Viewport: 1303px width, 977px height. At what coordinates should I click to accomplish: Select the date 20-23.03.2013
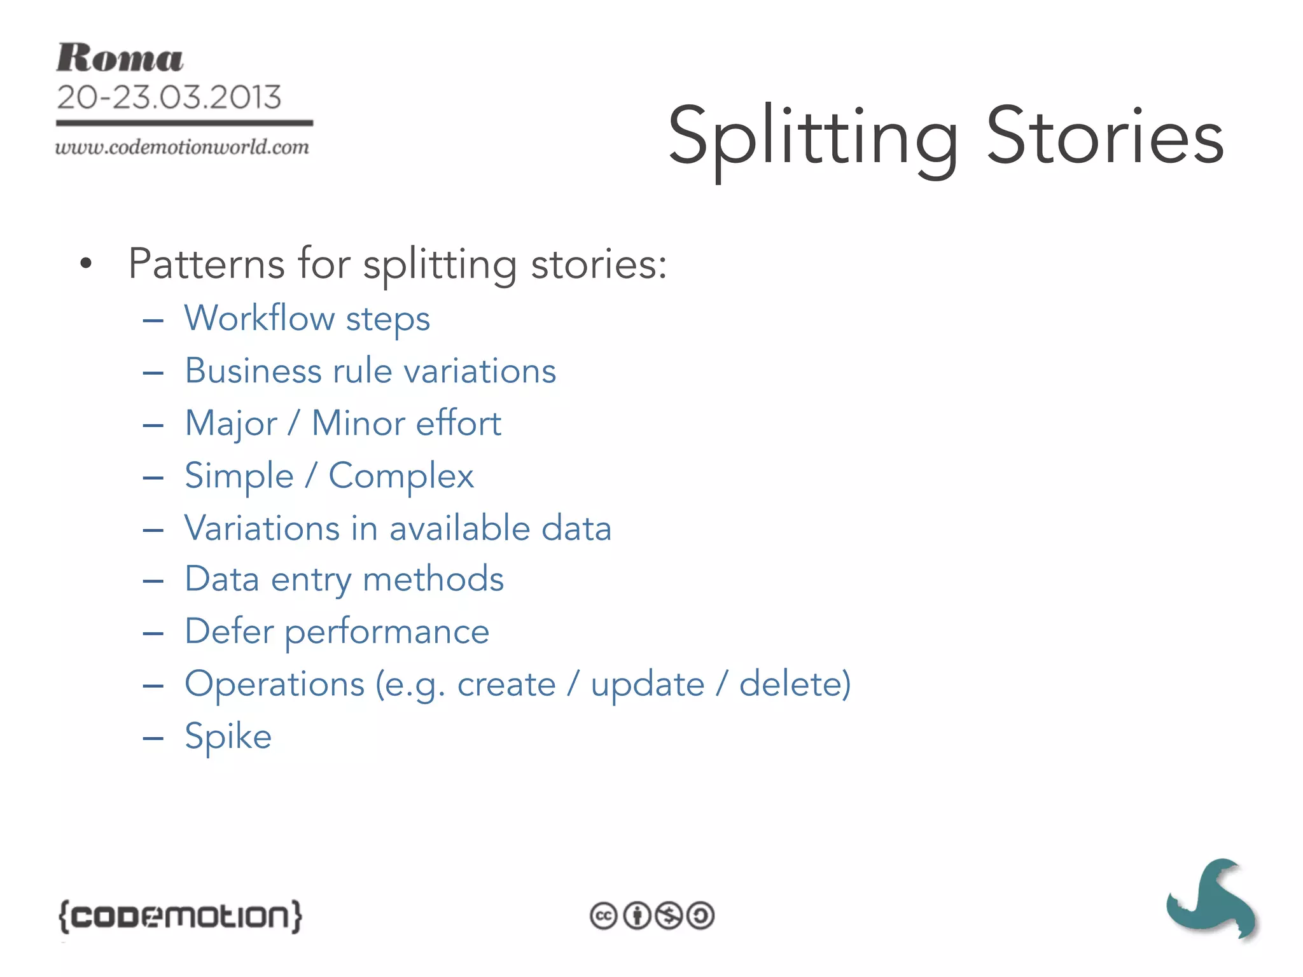click(169, 97)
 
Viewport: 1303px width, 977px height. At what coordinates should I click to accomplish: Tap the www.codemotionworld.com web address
click(182, 148)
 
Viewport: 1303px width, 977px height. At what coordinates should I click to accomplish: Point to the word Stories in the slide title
click(1104, 136)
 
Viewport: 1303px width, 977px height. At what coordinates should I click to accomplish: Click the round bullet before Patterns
click(86, 263)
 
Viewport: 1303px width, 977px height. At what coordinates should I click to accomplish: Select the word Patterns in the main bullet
click(206, 263)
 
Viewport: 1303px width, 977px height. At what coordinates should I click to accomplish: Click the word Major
click(231, 424)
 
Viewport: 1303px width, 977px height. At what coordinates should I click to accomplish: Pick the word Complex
click(401, 476)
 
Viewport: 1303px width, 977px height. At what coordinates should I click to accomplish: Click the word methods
click(433, 579)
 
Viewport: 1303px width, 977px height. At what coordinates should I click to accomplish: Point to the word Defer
click(228, 632)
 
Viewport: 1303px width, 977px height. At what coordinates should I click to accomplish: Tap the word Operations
click(274, 684)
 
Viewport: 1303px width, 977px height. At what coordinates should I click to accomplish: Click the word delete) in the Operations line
click(795, 684)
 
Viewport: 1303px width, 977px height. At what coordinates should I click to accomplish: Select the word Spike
click(228, 737)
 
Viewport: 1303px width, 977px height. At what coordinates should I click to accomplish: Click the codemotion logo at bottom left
click(180, 916)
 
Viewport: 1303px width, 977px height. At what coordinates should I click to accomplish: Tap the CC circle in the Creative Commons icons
click(603, 916)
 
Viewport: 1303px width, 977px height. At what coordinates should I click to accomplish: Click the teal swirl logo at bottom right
click(1211, 899)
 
